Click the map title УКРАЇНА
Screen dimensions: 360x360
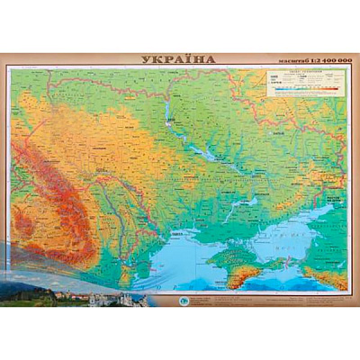tap(179, 60)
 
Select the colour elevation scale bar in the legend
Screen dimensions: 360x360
tap(302, 89)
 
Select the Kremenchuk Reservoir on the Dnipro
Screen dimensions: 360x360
tap(205, 153)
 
